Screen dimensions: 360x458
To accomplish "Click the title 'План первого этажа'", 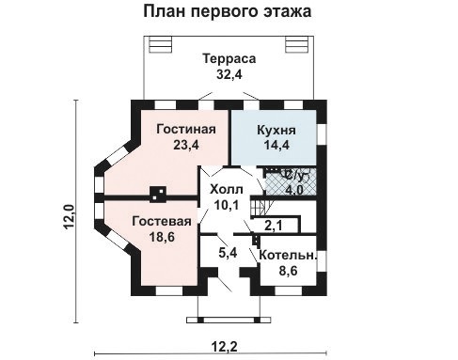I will (228, 13).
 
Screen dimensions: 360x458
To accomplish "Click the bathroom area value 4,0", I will (294, 189).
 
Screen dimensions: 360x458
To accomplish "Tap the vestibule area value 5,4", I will (227, 252).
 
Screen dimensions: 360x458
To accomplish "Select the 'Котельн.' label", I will (288, 256).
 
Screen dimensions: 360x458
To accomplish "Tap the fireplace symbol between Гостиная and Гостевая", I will (159, 196).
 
